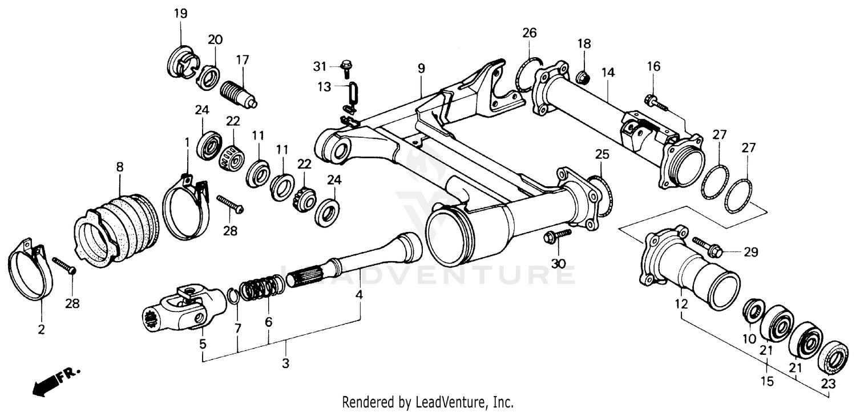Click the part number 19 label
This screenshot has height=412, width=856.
[180, 14]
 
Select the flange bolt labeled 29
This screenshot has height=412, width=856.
[708, 248]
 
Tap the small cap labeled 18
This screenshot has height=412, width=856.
[583, 75]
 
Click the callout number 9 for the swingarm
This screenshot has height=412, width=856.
[421, 69]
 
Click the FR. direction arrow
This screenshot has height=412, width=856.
[54, 381]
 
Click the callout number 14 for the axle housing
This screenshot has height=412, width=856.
[608, 73]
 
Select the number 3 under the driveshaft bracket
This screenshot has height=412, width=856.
[286, 363]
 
